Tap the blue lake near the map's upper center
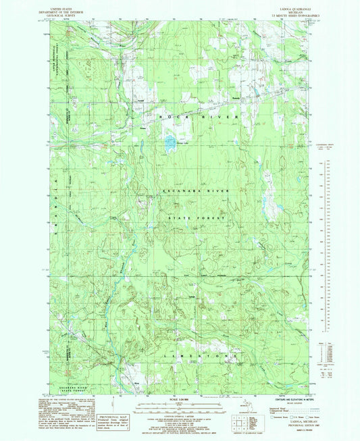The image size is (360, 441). pyautogui.click(x=165, y=142)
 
